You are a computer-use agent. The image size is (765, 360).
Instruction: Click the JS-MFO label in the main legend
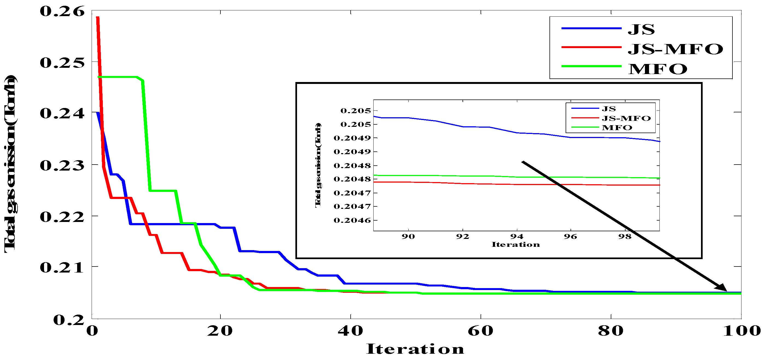coord(675,49)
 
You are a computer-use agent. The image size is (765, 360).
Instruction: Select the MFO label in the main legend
coord(658,69)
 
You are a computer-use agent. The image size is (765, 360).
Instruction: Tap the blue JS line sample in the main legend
coord(591,28)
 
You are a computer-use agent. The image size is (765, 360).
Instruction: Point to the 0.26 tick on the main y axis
coord(62,11)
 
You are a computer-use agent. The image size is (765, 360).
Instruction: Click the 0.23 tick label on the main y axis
coord(62,165)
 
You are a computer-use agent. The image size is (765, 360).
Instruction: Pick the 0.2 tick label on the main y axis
coord(69,320)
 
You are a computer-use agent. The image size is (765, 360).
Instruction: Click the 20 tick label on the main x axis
coord(220,331)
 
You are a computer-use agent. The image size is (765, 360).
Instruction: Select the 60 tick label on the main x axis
coord(480,331)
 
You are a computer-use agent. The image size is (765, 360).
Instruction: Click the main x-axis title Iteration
coord(415,349)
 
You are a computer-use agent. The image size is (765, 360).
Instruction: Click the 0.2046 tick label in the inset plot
coord(352,220)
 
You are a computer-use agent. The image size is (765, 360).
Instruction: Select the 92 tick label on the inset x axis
coord(463,236)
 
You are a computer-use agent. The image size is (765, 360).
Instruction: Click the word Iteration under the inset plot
coord(516,245)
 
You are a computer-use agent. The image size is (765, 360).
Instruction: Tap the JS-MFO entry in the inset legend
coord(626,118)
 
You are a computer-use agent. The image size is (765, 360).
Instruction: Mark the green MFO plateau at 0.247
coord(119,77)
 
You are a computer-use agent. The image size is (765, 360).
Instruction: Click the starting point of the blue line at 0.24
coord(97,113)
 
